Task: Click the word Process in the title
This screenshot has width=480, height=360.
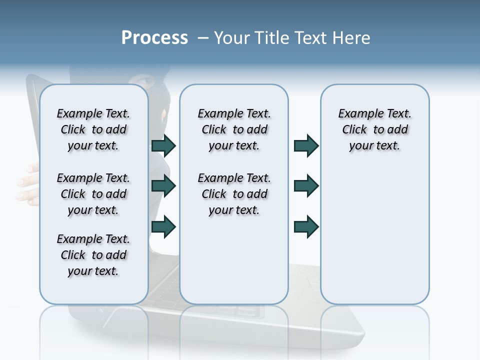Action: click(154, 38)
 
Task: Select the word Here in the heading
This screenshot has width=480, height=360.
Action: click(351, 38)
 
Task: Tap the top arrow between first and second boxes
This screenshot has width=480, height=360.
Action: click(163, 145)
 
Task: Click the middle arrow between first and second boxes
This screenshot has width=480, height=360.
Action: click(163, 186)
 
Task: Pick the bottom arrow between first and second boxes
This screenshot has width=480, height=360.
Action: click(163, 226)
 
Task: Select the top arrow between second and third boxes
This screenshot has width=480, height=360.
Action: click(306, 145)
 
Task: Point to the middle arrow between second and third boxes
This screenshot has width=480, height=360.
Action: click(306, 186)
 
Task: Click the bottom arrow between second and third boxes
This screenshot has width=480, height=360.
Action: click(306, 226)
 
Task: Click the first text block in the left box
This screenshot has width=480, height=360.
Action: click(93, 129)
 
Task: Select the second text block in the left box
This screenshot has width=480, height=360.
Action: click(93, 194)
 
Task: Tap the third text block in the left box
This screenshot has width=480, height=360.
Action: click(93, 255)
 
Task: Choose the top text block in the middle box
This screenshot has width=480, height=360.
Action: click(234, 129)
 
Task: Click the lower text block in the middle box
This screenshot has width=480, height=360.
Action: click(234, 194)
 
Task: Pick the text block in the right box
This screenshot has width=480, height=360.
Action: click(374, 129)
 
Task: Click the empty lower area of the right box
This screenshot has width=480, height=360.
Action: click(374, 240)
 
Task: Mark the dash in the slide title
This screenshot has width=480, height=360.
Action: click(203, 38)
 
